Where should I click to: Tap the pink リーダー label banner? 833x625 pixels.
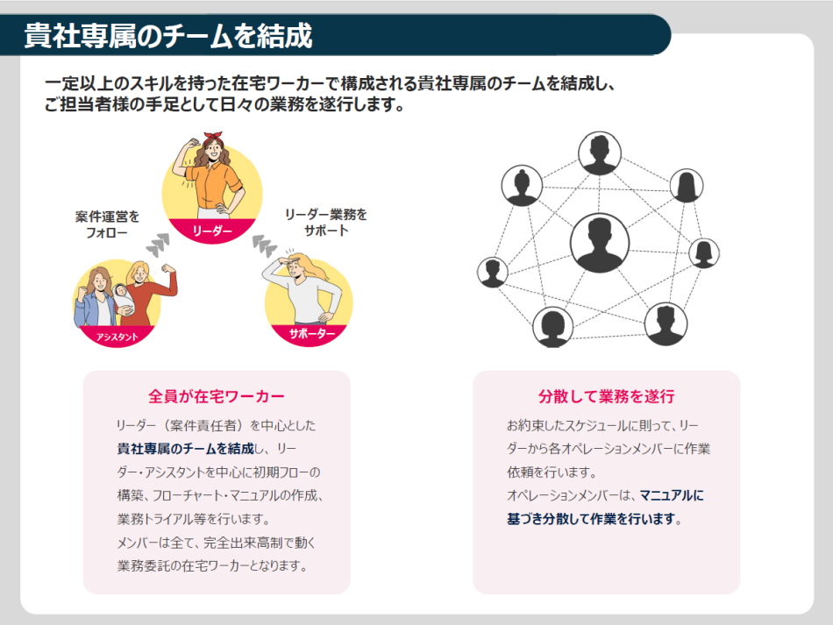[x=210, y=231]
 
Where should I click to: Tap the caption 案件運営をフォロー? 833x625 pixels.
[x=107, y=224]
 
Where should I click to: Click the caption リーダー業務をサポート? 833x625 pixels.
[x=325, y=222]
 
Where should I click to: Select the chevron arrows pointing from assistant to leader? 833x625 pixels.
[x=158, y=245]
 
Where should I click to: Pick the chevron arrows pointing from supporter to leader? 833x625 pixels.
[x=262, y=245]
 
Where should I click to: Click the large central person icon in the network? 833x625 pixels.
[x=600, y=243]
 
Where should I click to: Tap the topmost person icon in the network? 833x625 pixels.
[x=600, y=153]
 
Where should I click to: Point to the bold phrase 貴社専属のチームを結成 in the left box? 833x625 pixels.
[x=185, y=449]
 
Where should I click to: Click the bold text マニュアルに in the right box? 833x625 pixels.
[x=672, y=495]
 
